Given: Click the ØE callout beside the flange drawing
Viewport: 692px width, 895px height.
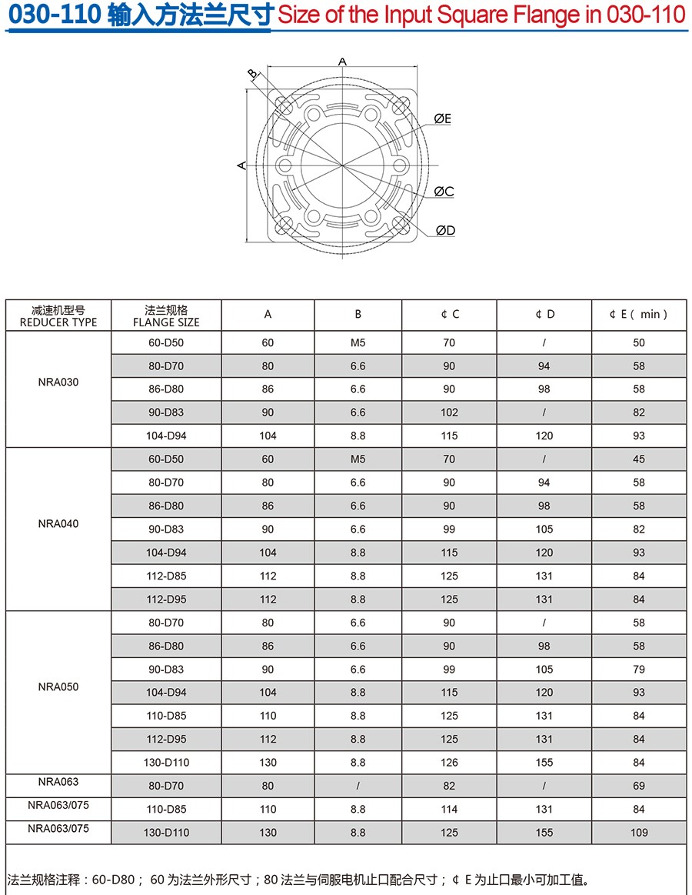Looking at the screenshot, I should (x=442, y=119).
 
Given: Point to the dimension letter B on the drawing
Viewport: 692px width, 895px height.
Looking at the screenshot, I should (x=252, y=73).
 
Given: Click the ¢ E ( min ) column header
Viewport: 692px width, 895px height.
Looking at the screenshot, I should (x=638, y=314).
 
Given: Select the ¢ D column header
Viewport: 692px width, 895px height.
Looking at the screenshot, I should (x=544, y=314).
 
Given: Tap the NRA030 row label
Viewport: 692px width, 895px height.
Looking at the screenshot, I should (x=58, y=382).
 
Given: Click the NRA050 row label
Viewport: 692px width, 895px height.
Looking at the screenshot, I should (x=58, y=686).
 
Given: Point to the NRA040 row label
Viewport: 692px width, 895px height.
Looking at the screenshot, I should (x=58, y=524).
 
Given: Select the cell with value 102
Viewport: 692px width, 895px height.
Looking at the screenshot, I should (x=449, y=412).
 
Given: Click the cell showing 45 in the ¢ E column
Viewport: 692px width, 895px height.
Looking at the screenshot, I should (x=639, y=459).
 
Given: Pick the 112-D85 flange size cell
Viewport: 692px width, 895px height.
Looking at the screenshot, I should (x=166, y=576).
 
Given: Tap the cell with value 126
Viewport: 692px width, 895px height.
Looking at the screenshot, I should (x=449, y=763).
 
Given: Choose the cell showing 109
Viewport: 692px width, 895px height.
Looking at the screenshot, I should (x=639, y=833).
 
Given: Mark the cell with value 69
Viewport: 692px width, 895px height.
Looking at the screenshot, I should (x=639, y=786).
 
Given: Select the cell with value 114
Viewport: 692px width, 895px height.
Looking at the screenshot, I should (x=449, y=809).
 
